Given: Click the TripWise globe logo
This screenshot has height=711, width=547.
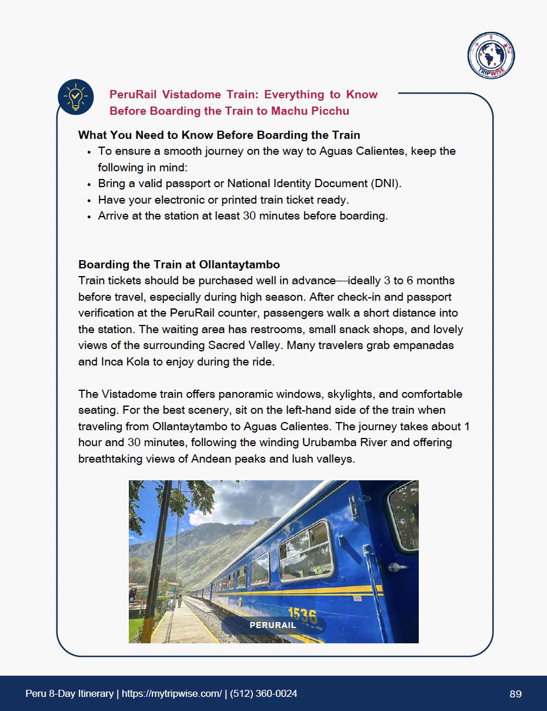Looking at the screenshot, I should [491, 55].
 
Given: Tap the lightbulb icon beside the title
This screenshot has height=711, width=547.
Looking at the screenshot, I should [76, 97].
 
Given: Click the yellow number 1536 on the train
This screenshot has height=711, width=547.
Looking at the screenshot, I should [302, 615].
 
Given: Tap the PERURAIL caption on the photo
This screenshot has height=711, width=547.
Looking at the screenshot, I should [273, 625].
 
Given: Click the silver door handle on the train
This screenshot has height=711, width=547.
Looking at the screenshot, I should [397, 567].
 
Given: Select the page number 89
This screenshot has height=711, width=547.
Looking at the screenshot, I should [515, 694].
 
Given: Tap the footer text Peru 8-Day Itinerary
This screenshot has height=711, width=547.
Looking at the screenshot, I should [69, 694].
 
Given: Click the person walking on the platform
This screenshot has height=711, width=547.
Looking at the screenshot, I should [179, 600].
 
